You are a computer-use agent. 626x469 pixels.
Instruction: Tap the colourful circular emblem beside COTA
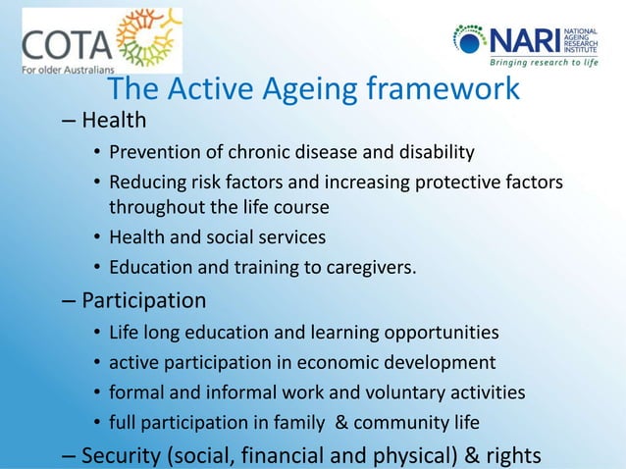tap(147, 39)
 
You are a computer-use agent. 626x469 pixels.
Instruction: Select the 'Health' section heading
tap(114, 121)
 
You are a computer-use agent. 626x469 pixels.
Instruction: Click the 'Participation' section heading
tap(144, 299)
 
